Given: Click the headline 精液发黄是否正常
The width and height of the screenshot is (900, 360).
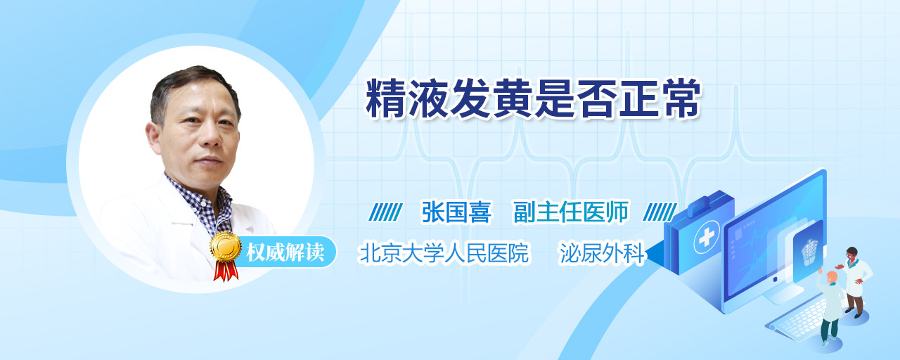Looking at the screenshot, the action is (533, 99).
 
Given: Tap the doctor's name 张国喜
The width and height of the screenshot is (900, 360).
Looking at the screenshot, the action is (456, 212).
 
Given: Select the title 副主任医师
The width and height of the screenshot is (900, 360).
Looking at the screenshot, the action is (571, 212).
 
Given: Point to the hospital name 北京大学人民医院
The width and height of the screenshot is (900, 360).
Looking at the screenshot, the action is (444, 253).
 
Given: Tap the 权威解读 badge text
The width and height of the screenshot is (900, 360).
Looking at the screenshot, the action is (285, 252).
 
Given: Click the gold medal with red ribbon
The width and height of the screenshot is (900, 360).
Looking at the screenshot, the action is (226, 255).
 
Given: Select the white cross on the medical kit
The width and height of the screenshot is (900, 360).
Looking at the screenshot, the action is (706, 238).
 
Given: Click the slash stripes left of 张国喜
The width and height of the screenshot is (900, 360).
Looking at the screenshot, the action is (386, 212).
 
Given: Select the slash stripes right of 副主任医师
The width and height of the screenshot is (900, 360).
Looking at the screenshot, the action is (660, 212).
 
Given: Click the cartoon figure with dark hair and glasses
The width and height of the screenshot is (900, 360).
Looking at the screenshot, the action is (855, 282).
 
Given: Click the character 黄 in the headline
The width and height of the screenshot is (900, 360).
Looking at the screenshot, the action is (513, 99).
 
